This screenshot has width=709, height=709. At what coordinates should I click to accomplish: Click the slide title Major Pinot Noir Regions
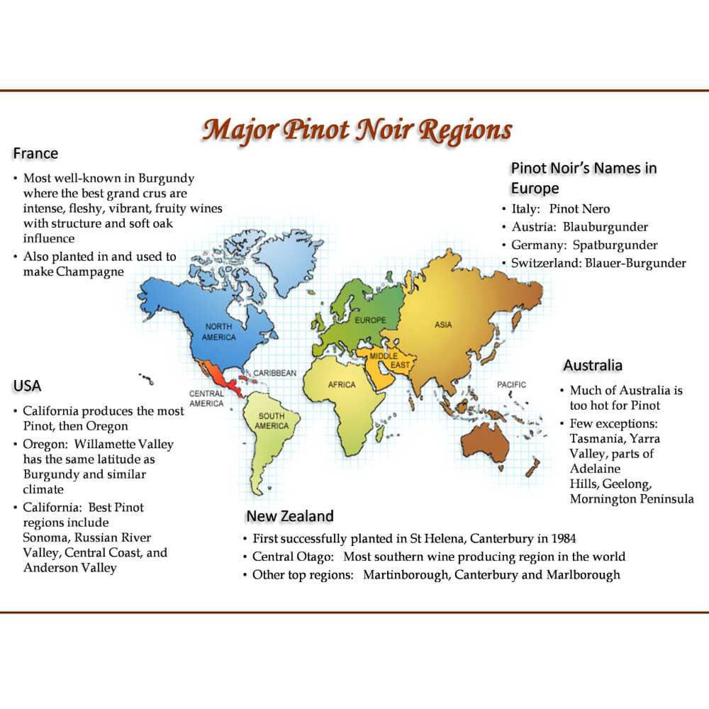point(357,130)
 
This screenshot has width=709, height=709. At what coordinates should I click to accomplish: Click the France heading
point(35,154)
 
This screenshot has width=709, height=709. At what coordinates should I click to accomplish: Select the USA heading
point(27,386)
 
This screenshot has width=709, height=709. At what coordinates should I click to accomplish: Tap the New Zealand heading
point(289,516)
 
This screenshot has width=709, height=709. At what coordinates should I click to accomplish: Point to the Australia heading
point(593,366)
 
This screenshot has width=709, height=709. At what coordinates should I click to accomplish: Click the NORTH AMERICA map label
point(219,332)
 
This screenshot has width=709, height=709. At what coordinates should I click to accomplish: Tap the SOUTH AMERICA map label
point(272,421)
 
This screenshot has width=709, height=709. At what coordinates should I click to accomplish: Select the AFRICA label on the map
point(342,385)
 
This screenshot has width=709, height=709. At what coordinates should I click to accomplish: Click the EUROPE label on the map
point(371,320)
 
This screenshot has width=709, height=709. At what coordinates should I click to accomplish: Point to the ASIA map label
point(443,325)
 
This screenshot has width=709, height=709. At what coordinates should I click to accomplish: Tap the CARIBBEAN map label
point(274,372)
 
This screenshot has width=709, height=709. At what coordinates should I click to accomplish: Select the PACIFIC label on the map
point(511,384)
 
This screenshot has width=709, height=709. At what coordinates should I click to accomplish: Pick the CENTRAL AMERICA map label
point(206,398)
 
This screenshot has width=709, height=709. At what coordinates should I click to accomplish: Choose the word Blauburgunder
point(605,228)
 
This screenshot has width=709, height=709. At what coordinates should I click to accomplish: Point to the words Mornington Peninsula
point(632,499)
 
